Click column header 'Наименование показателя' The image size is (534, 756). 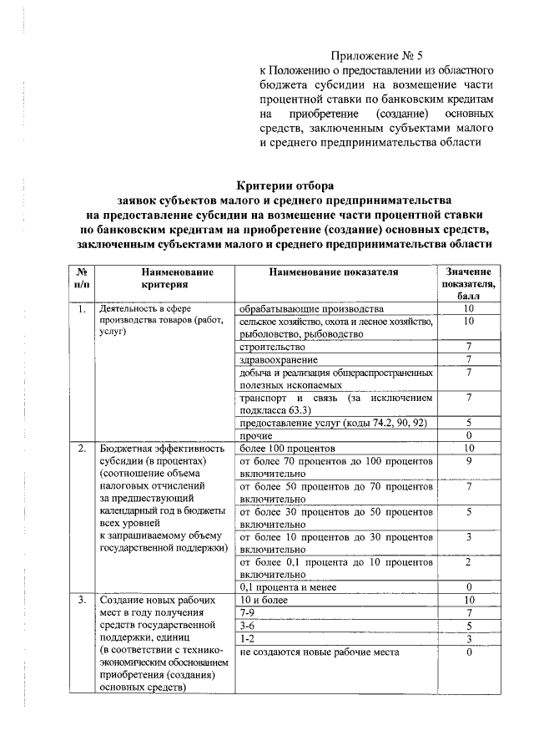(x=334, y=272)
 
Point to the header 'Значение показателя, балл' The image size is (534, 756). (x=469, y=284)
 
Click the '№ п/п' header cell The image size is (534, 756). (x=82, y=278)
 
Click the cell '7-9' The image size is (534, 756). (x=248, y=612)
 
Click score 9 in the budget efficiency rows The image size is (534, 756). (x=469, y=460)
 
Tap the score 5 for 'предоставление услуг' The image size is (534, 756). (x=469, y=423)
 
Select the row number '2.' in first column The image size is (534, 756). (x=82, y=449)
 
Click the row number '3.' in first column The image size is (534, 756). (x=82, y=601)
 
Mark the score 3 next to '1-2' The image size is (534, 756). (x=469, y=638)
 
